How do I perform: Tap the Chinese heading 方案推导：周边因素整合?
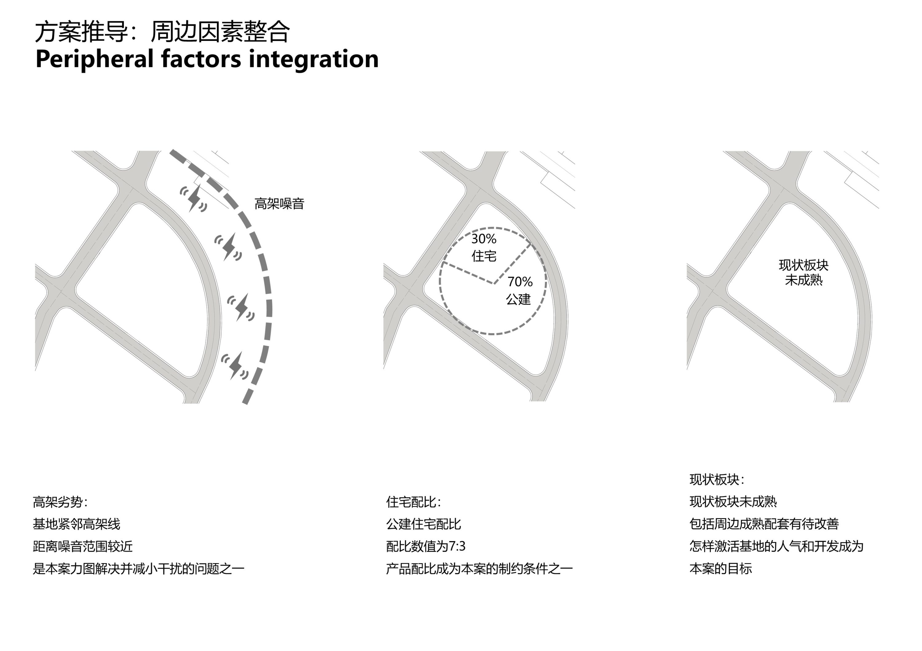point(162,32)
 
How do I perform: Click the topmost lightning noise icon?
point(194,198)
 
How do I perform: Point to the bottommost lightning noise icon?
point(234,366)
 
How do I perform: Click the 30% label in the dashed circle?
point(484,239)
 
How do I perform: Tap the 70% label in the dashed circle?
point(520,282)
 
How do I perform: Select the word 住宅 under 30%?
point(484,256)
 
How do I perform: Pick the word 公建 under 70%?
point(518,299)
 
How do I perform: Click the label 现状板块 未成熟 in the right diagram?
point(804,273)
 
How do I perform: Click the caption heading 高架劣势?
point(60,502)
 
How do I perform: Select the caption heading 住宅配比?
point(413,502)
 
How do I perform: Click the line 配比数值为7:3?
point(426,546)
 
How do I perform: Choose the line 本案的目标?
point(721,568)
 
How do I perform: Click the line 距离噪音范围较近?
point(83,546)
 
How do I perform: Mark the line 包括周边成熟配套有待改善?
point(764,524)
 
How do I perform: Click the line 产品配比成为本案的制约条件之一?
point(479,568)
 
